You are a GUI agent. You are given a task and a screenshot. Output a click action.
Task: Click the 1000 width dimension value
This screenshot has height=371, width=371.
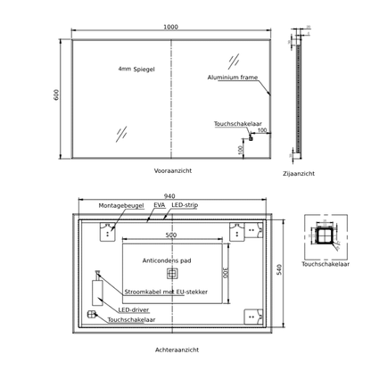(170, 27)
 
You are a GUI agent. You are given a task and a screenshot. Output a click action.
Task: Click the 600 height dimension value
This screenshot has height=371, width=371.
(56, 95)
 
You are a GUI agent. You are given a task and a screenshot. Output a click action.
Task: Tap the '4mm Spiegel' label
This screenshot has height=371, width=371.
(136, 70)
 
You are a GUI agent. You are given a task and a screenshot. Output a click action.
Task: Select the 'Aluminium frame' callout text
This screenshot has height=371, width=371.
(233, 78)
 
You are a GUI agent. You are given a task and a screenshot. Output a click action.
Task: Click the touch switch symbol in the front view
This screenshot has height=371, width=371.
(251, 138)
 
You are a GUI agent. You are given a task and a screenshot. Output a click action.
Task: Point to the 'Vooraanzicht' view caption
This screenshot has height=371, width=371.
(173, 171)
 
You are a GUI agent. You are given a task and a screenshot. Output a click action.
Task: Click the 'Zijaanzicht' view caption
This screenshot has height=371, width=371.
(299, 174)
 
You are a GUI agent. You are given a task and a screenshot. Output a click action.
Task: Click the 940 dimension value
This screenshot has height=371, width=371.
(169, 196)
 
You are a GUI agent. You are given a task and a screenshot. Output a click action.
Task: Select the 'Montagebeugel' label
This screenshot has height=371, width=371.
(121, 206)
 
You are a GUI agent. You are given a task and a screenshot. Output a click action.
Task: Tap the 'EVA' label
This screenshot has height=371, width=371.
(160, 205)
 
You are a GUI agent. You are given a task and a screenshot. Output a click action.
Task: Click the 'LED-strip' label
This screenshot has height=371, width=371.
(185, 205)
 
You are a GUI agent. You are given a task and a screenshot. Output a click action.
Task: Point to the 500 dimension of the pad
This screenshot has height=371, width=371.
(171, 235)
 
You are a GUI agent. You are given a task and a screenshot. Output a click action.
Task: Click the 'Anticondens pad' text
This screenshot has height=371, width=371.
(167, 260)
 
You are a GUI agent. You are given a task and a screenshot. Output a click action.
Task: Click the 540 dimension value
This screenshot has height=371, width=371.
(279, 269)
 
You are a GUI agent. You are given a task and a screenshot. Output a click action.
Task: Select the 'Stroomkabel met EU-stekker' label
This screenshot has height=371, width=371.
(166, 292)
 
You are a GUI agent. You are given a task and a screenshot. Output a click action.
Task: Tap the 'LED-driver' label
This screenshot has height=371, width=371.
(134, 309)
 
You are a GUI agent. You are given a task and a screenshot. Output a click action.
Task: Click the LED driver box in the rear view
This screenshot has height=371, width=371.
(97, 293)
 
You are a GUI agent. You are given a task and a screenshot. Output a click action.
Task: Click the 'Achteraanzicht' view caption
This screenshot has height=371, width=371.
(177, 350)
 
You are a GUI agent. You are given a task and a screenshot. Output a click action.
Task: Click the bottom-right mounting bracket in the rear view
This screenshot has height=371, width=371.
(253, 317)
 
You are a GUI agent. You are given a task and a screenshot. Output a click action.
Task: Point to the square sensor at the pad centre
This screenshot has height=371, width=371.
(172, 274)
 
